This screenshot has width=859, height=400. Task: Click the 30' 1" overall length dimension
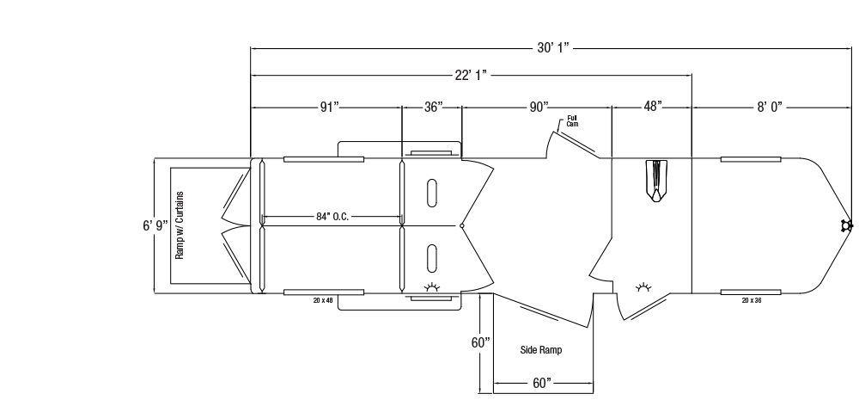click(x=552, y=47)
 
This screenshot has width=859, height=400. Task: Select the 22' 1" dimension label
click(x=471, y=75)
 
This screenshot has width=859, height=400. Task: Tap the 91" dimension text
click(x=329, y=107)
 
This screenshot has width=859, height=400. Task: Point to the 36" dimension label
click(x=433, y=107)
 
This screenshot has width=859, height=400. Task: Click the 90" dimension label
click(x=539, y=107)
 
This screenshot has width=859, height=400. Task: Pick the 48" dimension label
click(x=653, y=107)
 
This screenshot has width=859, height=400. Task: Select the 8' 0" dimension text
click(x=770, y=107)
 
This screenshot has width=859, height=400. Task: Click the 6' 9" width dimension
click(x=155, y=225)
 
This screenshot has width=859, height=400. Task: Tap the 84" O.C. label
click(x=332, y=217)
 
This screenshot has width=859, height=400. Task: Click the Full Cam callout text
click(x=572, y=121)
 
